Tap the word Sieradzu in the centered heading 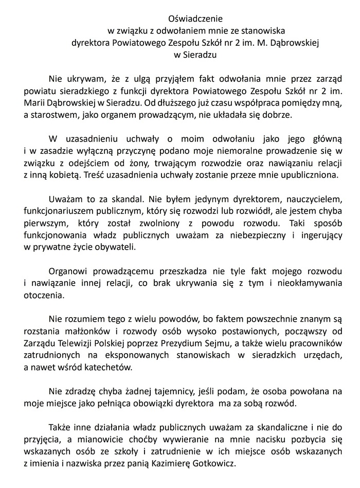coord(200,56)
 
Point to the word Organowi coord(68,270)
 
